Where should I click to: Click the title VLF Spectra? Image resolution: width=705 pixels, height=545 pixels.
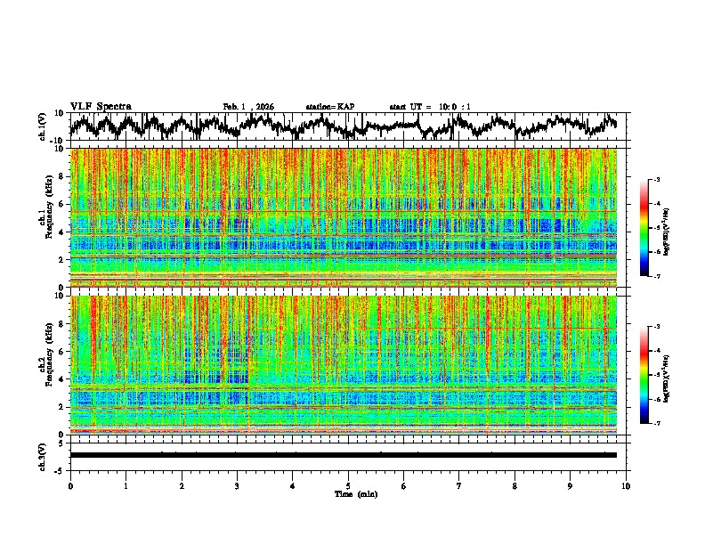(x=101, y=106)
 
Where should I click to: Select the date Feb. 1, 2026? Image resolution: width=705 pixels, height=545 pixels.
(x=248, y=107)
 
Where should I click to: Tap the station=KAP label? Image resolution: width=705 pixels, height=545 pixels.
(x=329, y=107)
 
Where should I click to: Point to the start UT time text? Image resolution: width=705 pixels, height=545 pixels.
(x=430, y=107)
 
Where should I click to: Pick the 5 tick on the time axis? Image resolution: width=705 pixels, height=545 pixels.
(x=348, y=485)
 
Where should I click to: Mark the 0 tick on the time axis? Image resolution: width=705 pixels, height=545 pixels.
(x=70, y=485)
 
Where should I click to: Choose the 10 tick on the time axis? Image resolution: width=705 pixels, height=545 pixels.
(x=626, y=485)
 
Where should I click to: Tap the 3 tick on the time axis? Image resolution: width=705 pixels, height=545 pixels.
(x=237, y=485)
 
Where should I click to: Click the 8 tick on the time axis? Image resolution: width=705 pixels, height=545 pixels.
(x=515, y=485)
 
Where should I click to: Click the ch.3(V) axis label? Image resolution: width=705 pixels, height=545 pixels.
(x=43, y=454)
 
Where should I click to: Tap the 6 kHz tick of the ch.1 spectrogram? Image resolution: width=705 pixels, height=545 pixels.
(x=63, y=204)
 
